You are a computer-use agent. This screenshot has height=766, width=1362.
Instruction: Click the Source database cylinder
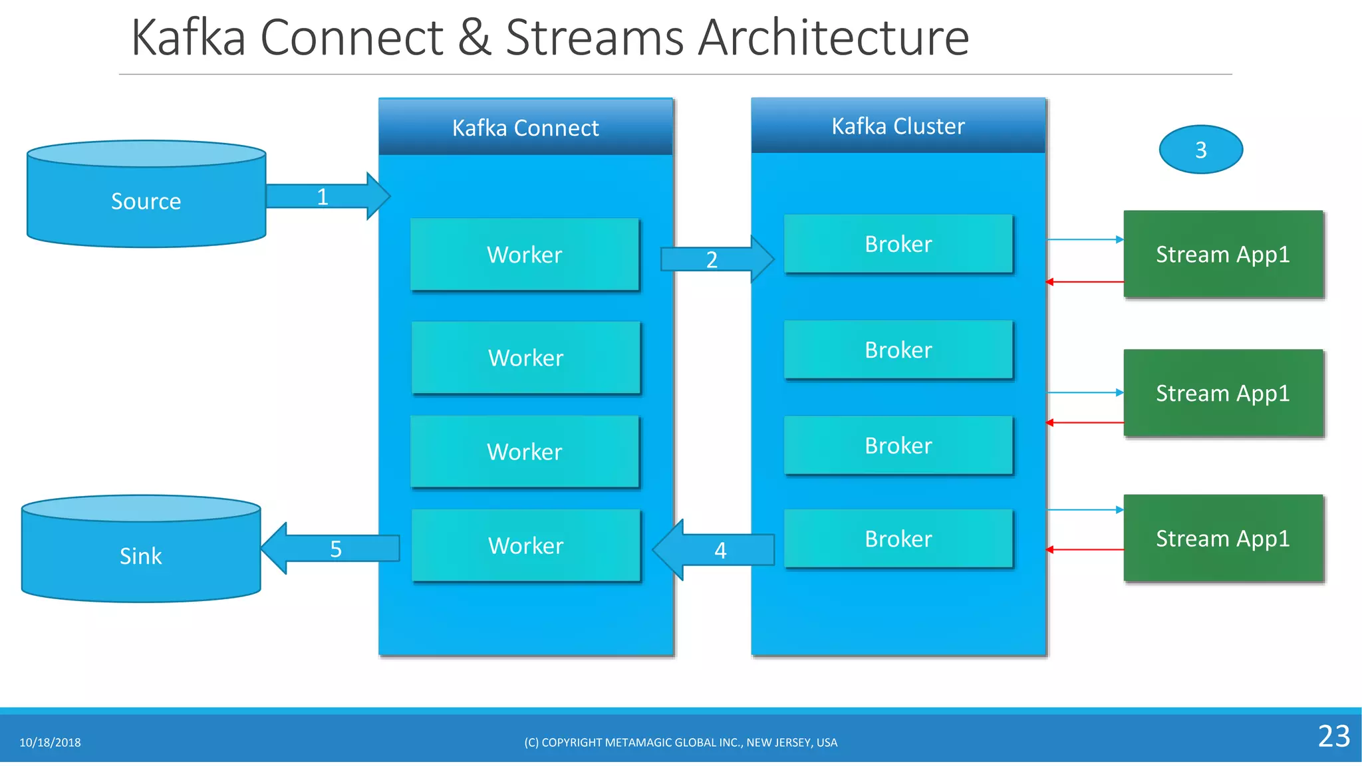146,199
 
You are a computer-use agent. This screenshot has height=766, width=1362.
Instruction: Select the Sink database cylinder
141,555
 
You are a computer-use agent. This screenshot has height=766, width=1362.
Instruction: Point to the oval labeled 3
1200,150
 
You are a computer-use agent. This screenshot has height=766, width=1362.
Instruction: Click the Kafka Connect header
525,128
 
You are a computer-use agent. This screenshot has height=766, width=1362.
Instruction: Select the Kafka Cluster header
898,126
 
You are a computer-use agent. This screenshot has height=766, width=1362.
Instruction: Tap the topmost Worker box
525,255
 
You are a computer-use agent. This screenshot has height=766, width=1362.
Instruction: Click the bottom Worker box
525,545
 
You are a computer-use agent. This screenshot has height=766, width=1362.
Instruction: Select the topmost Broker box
898,244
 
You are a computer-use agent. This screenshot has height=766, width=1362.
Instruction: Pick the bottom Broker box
898,539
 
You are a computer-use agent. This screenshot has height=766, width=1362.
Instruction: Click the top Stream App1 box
1222,255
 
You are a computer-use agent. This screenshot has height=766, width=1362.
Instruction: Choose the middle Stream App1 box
1222,393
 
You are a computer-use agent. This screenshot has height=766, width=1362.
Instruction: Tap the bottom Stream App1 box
1222,538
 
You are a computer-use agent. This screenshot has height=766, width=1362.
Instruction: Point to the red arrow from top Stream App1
1084,282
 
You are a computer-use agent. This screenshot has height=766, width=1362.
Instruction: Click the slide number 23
1333,736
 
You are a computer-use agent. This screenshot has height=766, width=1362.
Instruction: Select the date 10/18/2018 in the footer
50,743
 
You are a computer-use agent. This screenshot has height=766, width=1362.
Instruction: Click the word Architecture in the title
833,38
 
